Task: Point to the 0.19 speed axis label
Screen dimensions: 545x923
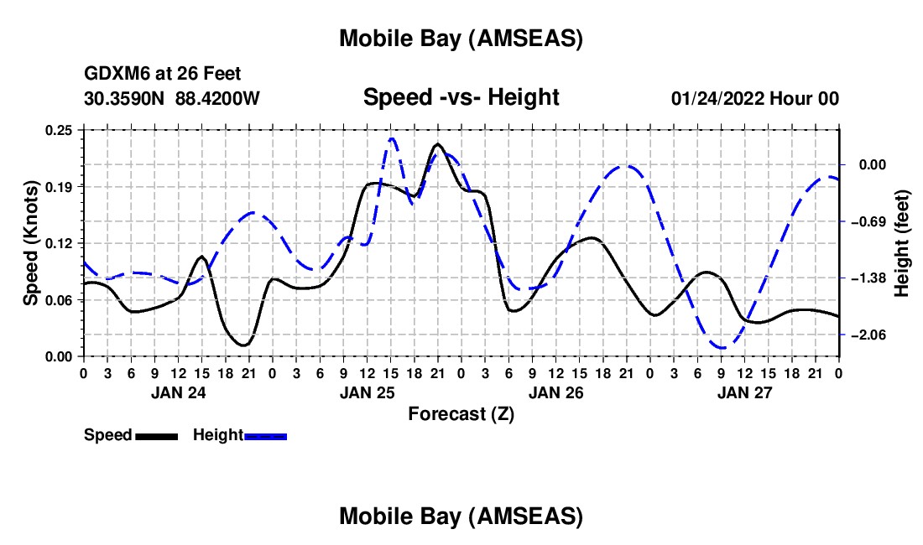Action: (60, 186)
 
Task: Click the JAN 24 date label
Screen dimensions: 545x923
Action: (178, 392)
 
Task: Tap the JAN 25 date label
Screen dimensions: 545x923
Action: (367, 392)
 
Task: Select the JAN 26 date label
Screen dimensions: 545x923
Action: (555, 392)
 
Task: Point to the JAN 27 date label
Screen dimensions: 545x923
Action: (744, 392)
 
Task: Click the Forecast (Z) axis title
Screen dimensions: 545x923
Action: (461, 413)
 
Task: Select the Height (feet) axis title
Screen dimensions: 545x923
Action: (902, 243)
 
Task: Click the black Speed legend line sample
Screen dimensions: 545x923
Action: (156, 435)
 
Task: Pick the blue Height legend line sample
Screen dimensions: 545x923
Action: (266, 435)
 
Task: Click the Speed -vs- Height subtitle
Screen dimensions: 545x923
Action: (461, 97)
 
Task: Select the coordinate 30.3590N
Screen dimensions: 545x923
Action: (125, 99)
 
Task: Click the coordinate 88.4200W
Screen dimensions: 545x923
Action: (217, 99)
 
